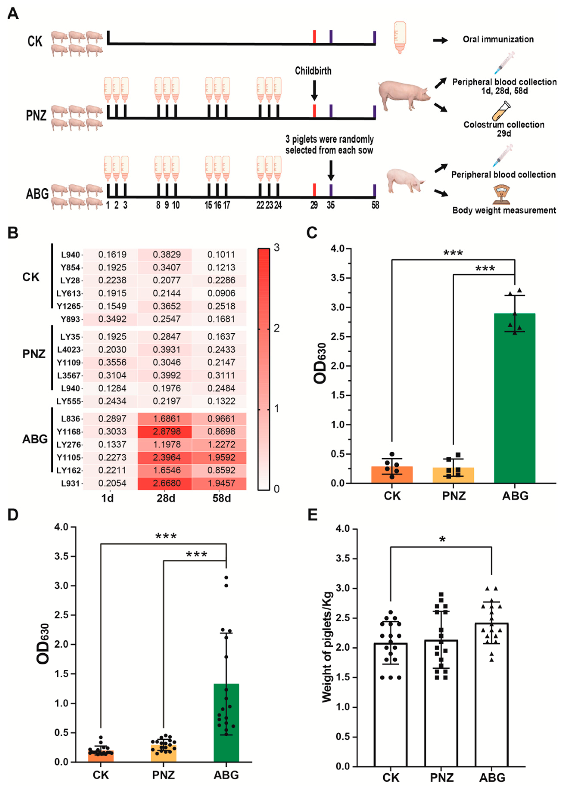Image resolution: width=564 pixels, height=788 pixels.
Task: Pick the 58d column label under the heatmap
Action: coord(222,498)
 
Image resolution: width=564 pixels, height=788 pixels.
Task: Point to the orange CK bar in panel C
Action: coord(392,475)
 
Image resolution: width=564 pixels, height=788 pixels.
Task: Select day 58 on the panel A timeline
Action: coord(375,205)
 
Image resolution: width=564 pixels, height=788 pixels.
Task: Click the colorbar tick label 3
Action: coord(277,248)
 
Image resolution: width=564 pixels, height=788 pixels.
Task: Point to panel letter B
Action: coord(13,233)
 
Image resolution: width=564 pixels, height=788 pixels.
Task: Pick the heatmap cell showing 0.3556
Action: coord(112,362)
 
